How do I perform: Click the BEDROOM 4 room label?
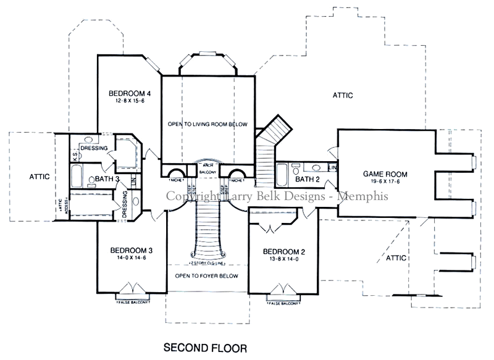(130, 94)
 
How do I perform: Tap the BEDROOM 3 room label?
(132, 250)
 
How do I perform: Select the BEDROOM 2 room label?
(284, 251)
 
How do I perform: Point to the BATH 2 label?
(308, 180)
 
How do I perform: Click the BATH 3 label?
(107, 179)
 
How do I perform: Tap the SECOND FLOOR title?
(205, 348)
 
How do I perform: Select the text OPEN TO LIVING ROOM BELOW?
(207, 125)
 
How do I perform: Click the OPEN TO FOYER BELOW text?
(207, 275)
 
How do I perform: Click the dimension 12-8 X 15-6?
(130, 102)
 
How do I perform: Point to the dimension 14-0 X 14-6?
(132, 258)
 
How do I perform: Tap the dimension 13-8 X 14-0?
(284, 259)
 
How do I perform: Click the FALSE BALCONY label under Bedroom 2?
(284, 304)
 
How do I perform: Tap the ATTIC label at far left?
(38, 177)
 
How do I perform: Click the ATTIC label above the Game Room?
(343, 95)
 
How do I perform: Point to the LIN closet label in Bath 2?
(332, 167)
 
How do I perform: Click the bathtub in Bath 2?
(281, 179)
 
